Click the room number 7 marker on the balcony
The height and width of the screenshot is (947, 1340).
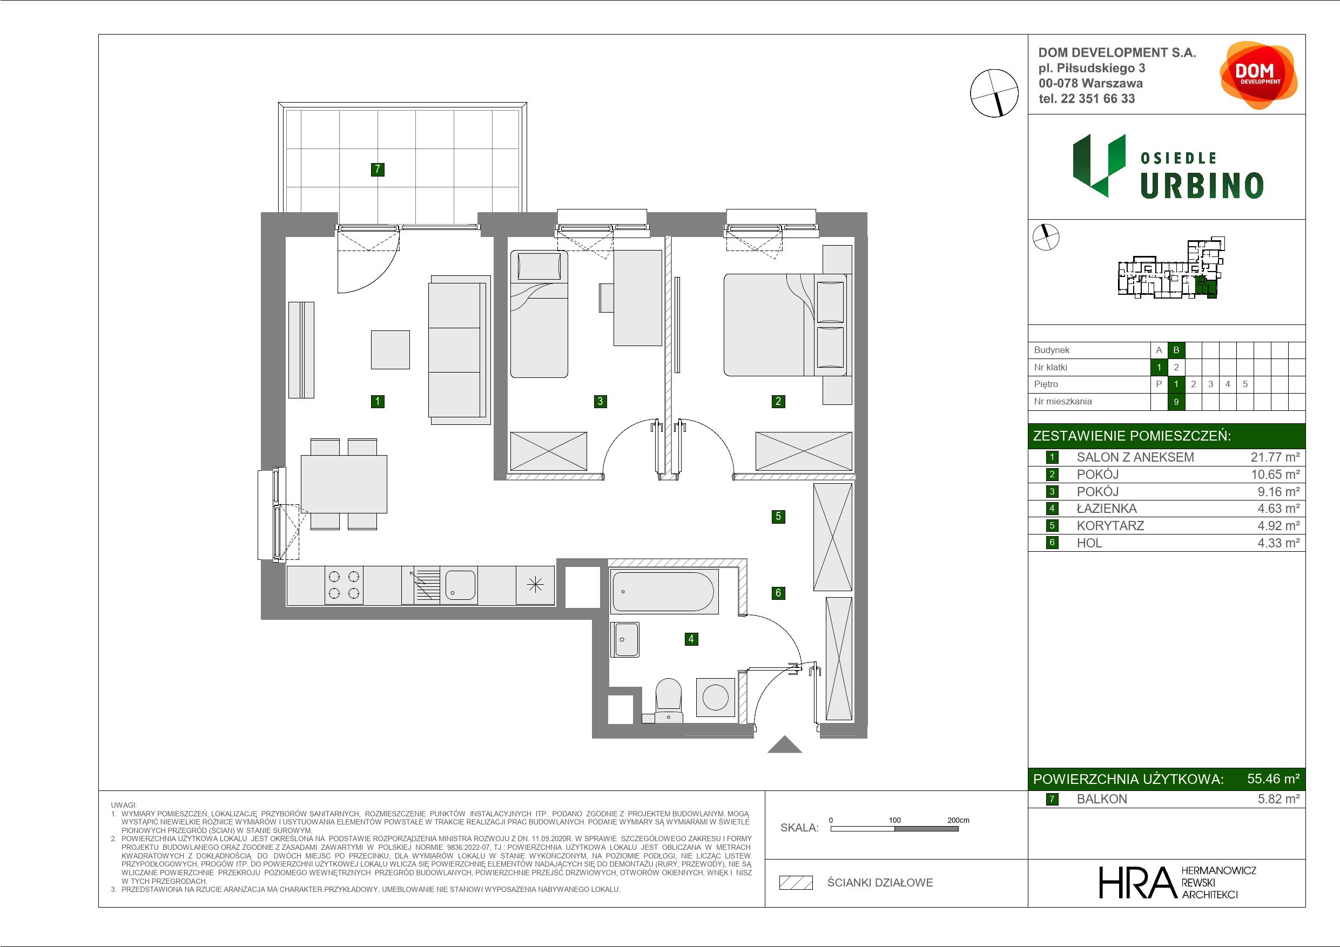click(378, 169)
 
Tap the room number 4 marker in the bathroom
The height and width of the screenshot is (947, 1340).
click(691, 639)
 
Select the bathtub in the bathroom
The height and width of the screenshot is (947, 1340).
click(664, 592)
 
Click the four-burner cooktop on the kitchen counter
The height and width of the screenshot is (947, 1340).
click(344, 585)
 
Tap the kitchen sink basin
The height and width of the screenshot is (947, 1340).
click(461, 585)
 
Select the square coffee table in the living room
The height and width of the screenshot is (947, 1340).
click(390, 349)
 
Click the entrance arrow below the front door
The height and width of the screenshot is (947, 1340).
click(784, 745)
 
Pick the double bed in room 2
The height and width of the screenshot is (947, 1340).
click(769, 325)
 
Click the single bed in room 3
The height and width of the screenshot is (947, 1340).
click(539, 314)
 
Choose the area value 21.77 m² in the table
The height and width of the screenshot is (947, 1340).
click(1275, 457)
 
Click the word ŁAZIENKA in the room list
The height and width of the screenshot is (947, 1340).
click(1107, 508)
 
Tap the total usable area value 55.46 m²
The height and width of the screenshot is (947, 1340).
click(1273, 779)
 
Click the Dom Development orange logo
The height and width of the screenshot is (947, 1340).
click(1258, 75)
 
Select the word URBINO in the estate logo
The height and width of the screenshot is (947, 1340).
click(1202, 186)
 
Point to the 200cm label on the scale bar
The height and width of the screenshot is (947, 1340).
click(958, 820)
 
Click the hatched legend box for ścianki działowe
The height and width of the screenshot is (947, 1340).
click(796, 883)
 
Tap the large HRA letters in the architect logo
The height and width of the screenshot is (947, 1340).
click(1137, 882)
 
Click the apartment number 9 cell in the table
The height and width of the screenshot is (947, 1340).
click(1176, 402)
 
